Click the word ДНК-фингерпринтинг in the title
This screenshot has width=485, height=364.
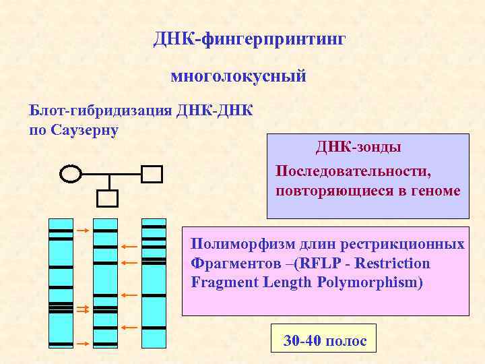point(249,40)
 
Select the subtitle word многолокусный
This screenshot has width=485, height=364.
point(238,76)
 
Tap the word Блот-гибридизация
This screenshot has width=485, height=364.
point(99,110)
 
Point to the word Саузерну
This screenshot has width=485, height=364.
point(85,129)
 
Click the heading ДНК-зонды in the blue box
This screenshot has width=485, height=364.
point(358,146)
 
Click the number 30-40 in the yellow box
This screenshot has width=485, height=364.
point(301,341)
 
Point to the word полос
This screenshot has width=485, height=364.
point(346,341)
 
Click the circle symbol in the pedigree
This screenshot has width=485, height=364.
point(71,174)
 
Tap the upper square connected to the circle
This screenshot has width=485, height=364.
point(152,174)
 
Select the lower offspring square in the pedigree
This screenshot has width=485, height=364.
point(108,198)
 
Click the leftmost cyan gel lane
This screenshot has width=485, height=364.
point(61,283)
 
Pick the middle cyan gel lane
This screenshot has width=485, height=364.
point(105,283)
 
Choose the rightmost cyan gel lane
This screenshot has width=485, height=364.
point(154,283)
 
